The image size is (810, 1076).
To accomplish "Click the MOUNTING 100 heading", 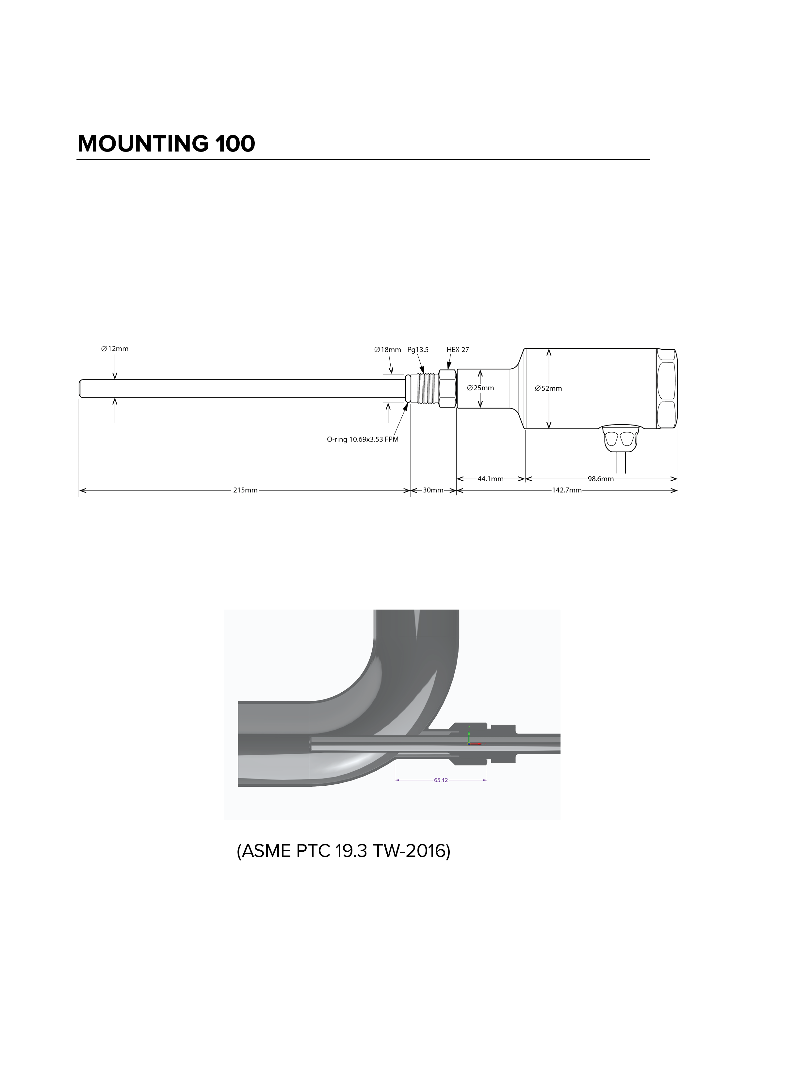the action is pos(166,143).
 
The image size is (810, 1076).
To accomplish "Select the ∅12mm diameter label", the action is pos(115,348).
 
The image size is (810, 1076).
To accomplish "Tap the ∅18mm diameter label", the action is pos(388,349).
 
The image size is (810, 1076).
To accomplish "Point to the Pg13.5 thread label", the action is pos(418,349).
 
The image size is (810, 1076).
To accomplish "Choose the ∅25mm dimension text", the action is pos(480,388).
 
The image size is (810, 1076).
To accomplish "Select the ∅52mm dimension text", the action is pos(548,388).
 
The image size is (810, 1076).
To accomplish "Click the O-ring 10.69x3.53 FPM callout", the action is pos(363,439).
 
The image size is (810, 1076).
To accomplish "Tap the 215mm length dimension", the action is pos(245,490).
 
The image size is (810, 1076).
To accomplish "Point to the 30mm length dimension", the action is pos(433,490).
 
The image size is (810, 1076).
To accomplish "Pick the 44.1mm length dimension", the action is pos(490,479).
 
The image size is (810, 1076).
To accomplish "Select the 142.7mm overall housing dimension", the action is pos(567,490).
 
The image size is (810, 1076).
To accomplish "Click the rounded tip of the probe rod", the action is pos(81,388).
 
